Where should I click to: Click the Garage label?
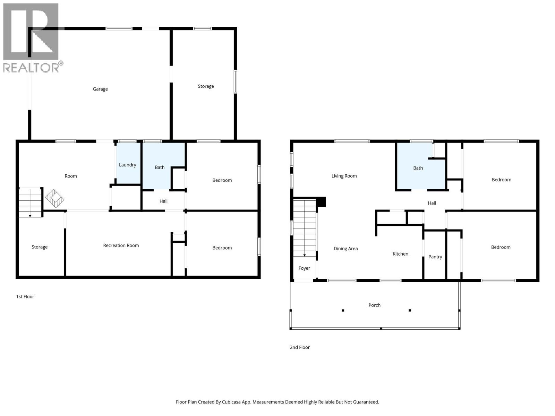coord(100,89)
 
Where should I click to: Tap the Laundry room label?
coord(127,165)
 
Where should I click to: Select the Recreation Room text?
coord(121,245)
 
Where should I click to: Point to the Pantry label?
coord(435,257)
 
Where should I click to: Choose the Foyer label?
coord(304,268)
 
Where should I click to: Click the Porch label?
coord(374,305)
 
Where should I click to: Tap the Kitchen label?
coord(400,254)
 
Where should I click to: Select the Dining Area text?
coord(345,249)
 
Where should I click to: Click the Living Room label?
coord(344,176)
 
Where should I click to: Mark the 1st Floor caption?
coord(25,297)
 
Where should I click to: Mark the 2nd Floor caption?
coord(300,347)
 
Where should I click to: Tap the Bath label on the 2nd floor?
coord(418,168)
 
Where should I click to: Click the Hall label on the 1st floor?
coord(163,201)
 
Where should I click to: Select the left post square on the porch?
coord(343,310)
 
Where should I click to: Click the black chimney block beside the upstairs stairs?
coord(321,202)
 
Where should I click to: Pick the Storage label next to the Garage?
coord(206,86)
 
